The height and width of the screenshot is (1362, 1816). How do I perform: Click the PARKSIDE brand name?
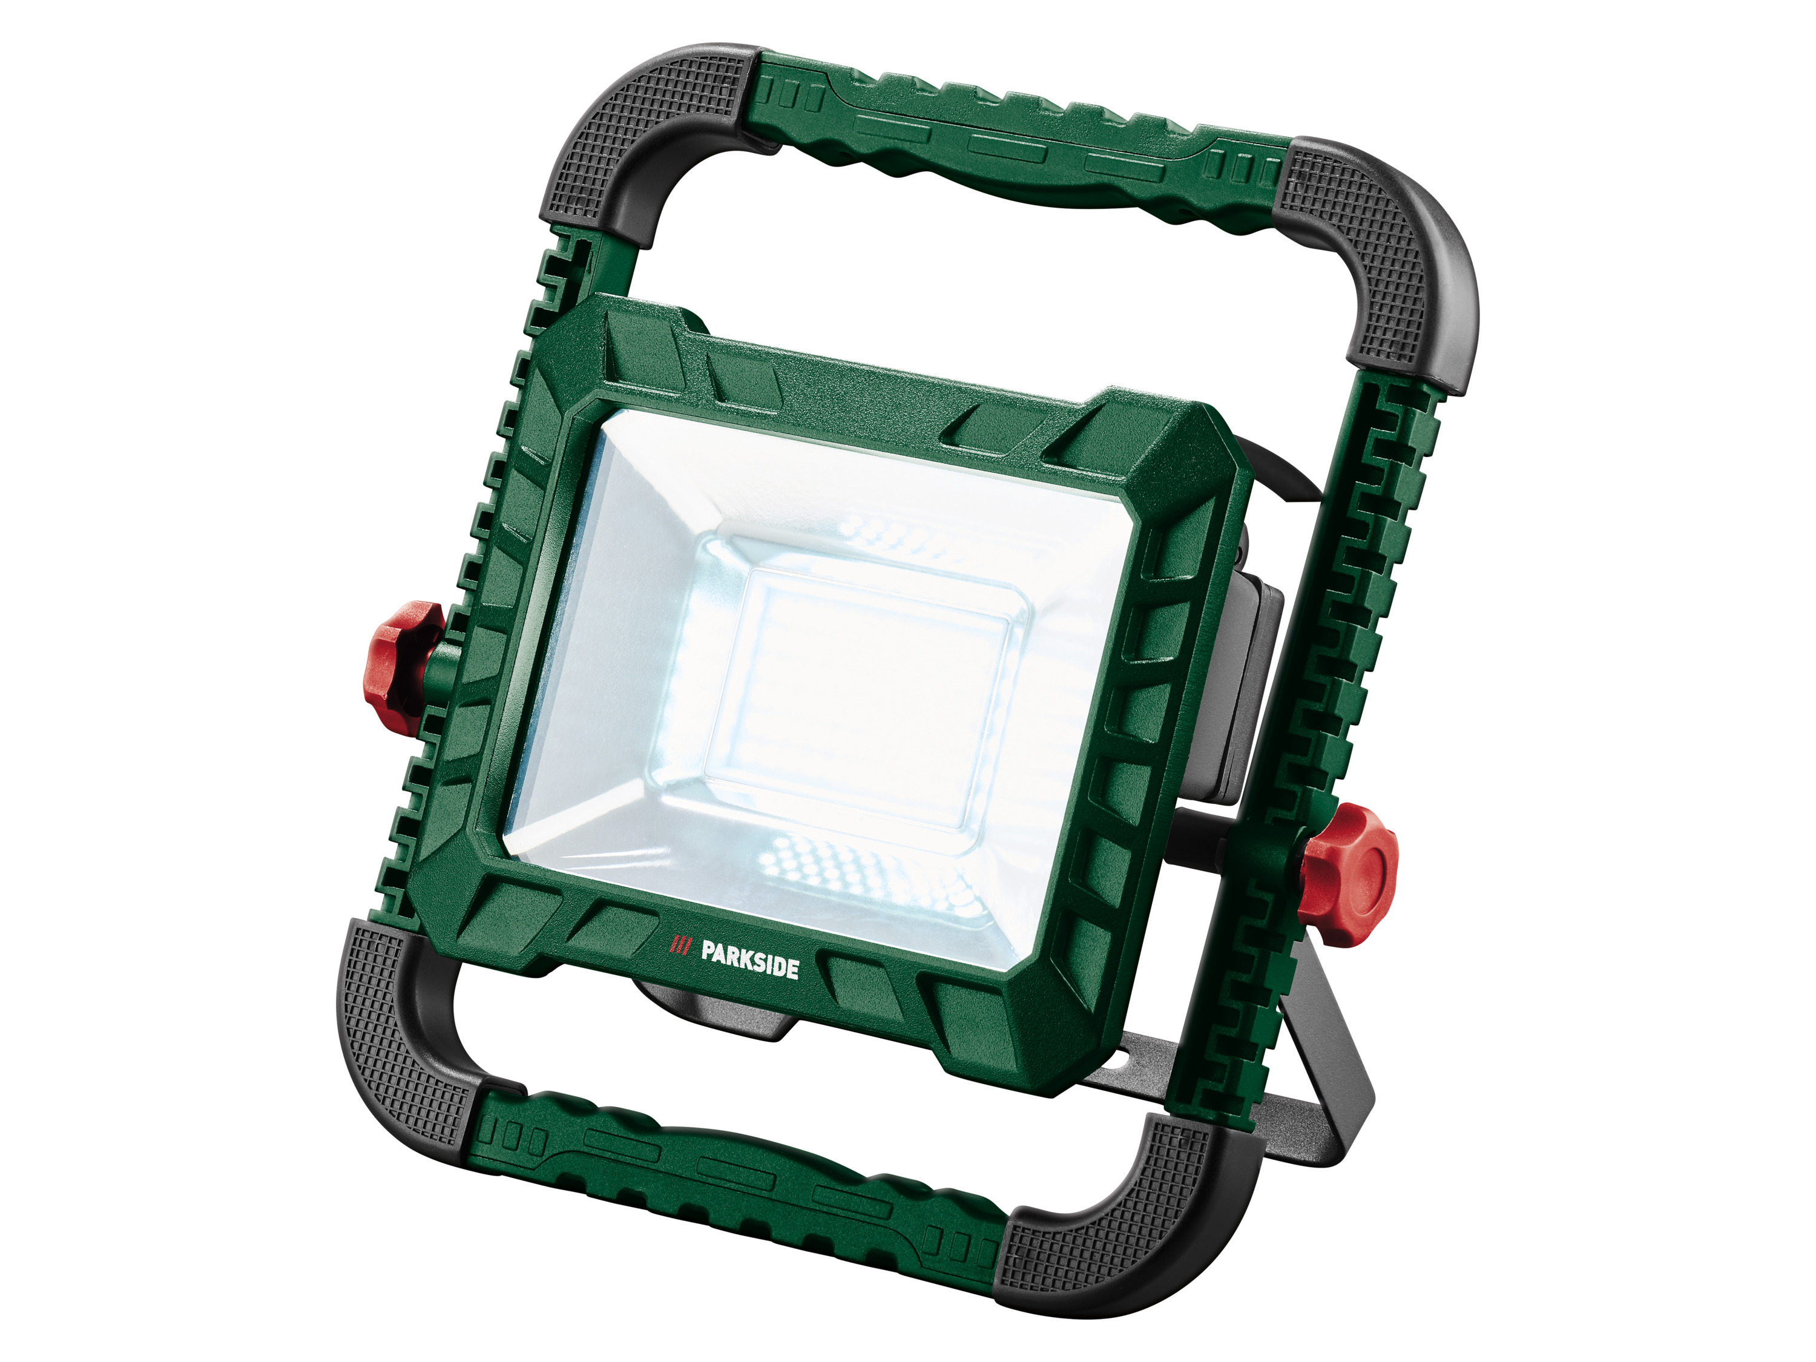point(749,961)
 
